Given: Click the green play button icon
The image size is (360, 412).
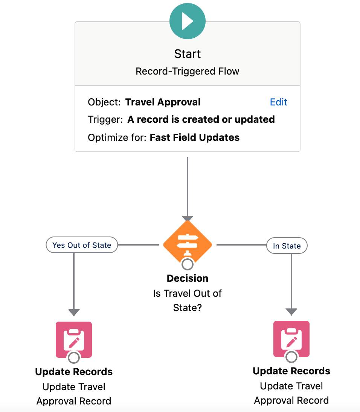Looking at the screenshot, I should point(187,21).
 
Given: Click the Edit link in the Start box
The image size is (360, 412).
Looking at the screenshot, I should point(278,102).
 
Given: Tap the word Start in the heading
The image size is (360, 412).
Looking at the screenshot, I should point(187,54).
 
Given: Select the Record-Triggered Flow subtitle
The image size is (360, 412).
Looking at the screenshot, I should point(187,71).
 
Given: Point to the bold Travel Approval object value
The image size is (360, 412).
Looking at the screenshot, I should point(163,102).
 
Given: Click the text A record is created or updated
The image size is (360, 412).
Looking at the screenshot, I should point(201,119).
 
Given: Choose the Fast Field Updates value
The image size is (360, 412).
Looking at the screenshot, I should point(194,137).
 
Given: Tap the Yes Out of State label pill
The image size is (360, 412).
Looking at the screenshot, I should point(82,245).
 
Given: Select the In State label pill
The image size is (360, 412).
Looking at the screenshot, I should point(287,246).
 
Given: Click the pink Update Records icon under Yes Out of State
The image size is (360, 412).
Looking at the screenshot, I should point(74,339).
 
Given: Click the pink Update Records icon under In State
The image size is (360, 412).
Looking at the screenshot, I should point(291,338).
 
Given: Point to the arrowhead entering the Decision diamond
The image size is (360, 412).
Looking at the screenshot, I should point(187,219).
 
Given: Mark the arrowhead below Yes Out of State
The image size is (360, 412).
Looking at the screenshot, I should point(74,313).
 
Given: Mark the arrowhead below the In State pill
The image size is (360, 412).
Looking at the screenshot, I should point(291,312).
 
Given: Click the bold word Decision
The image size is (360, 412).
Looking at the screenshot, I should point(187,278).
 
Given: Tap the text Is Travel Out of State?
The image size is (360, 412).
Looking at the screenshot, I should point(187,300).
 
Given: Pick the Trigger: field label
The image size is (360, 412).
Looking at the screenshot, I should point(105,119).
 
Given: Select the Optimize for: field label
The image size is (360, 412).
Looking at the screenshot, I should point(117,137).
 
